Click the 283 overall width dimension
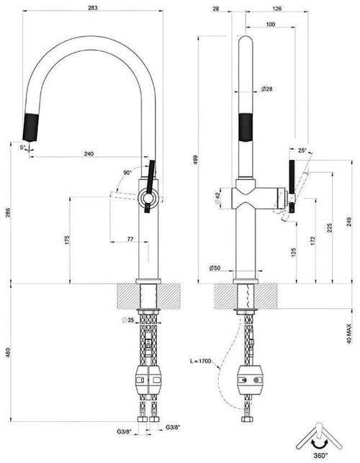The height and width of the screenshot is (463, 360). [x=93, y=8]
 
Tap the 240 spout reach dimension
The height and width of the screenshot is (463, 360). [x=89, y=153]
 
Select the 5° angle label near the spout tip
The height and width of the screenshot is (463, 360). [x=23, y=148]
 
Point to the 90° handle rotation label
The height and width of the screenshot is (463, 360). [x=127, y=173]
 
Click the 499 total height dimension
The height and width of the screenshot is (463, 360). [x=196, y=160]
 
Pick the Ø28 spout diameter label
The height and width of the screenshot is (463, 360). [x=266, y=89]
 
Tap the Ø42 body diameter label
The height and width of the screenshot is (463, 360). [x=217, y=198]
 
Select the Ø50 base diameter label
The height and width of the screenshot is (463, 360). [x=215, y=268]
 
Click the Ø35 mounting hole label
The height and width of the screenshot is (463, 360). [x=128, y=320]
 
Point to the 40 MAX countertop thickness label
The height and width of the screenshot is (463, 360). [x=349, y=333]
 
